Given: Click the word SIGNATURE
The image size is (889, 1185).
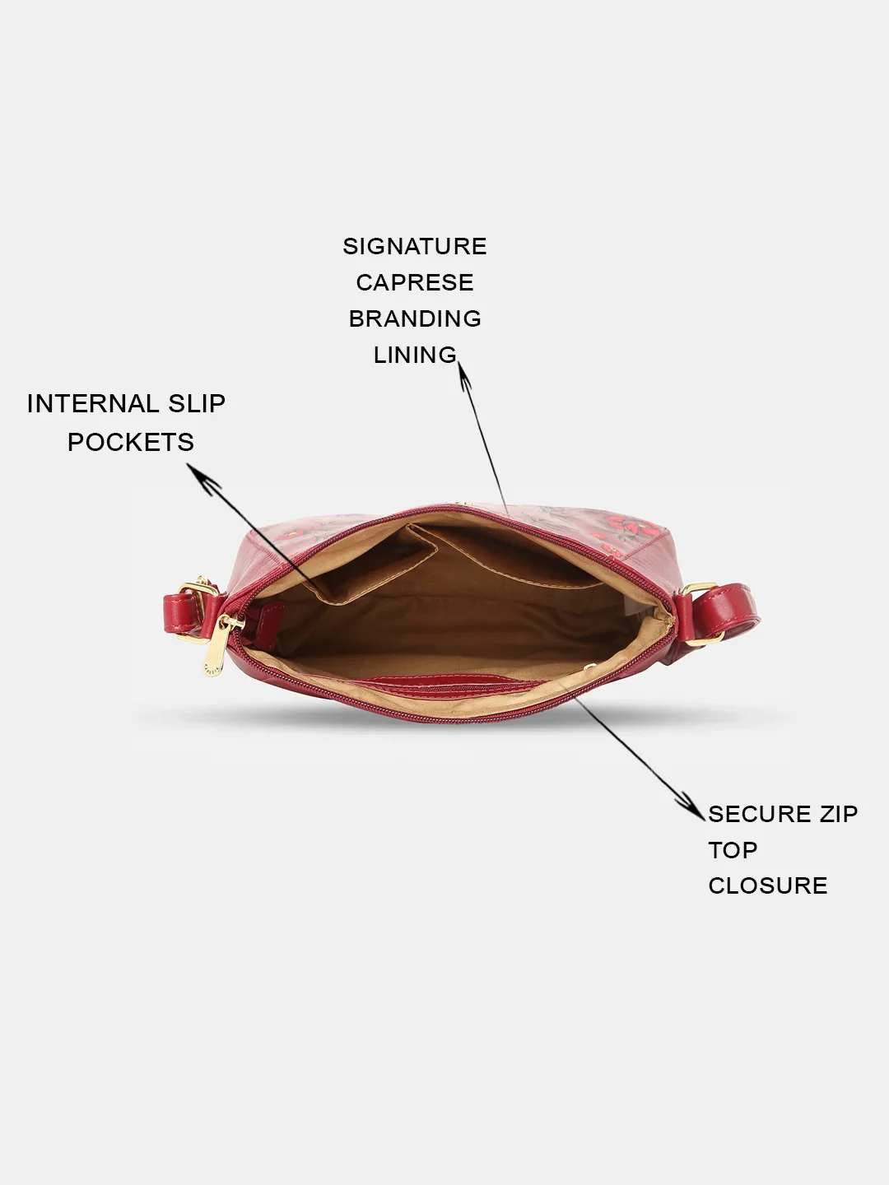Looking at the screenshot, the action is tap(415, 246).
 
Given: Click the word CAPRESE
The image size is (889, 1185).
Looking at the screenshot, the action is tap(415, 282).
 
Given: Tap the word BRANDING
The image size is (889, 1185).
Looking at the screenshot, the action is tap(415, 318).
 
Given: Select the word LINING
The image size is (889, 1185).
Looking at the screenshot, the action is tap(415, 355).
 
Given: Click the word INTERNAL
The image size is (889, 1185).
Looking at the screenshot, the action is tap(92, 404).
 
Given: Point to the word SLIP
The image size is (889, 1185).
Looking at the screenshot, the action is tap(197, 404).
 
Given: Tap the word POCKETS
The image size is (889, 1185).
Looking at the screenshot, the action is tap(131, 442).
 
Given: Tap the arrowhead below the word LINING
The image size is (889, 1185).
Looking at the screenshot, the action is tap(464, 375).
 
